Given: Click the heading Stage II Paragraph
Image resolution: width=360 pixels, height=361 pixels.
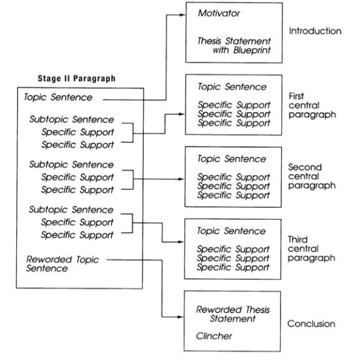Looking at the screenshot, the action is click(77, 78).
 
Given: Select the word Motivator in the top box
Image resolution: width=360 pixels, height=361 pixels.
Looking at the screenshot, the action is click(219, 13).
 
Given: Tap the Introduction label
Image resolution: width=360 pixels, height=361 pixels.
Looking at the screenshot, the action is click(315, 31).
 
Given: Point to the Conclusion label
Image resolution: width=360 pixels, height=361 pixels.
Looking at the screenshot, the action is click(311, 324).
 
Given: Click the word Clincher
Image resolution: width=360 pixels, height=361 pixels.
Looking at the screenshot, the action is click(214, 336).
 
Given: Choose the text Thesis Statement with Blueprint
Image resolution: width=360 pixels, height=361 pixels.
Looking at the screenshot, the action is click(234, 46).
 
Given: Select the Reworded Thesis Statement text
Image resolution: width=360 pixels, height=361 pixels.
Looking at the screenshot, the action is click(232, 314).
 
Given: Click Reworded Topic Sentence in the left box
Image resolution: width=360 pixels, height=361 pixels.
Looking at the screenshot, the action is click(62, 264).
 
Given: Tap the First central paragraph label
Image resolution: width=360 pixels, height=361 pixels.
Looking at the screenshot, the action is click(312, 106).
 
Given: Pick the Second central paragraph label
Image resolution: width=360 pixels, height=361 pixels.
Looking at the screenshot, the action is click(312, 177).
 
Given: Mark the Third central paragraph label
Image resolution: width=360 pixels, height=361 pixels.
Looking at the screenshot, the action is click(311, 249).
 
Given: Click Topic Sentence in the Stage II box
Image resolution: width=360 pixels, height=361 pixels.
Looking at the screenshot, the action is click(58, 97).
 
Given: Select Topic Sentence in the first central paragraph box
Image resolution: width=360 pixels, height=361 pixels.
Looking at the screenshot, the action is click(232, 87).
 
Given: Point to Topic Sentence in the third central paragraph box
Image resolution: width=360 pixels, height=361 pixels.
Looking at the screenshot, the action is click(231, 231).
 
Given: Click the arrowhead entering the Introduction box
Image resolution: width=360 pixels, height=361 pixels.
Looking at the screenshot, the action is click(182, 15).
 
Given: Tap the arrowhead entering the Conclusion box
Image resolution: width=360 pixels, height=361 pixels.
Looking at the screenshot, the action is click(180, 317).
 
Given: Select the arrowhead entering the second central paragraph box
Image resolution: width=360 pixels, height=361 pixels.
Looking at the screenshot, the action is click(181, 179).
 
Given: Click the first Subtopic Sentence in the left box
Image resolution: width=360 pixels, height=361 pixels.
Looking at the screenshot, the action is click(72, 119).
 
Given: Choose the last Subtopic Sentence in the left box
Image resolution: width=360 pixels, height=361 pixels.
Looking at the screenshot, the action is click(71, 210).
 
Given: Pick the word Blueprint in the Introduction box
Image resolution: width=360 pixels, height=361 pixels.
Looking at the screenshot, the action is click(252, 50).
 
